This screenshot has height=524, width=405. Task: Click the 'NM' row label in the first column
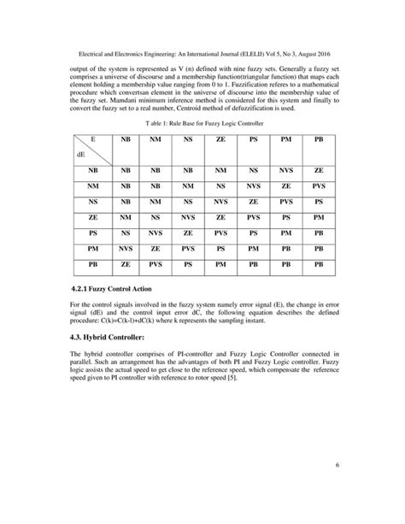click(92, 185)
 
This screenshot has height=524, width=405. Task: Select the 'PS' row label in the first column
click(92, 233)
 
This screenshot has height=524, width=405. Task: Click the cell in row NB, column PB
click(319, 170)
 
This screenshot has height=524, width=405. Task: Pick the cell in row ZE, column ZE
click(221, 217)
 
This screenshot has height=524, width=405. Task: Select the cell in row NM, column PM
click(286, 185)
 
